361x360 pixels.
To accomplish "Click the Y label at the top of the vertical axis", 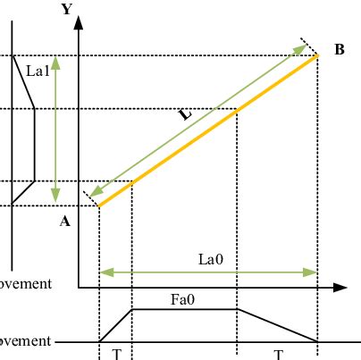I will tap(66, 10).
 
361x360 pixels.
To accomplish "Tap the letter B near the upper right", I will tap(340, 50).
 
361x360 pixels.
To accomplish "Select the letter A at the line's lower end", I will tap(64, 222).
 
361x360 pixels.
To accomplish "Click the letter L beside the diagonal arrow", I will tap(184, 115).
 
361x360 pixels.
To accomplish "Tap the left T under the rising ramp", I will tap(116, 354).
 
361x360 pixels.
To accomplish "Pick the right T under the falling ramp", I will tap(279, 354).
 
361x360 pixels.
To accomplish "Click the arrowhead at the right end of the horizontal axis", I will tap(340, 288).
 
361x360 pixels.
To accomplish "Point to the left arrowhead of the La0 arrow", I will tap(103, 272).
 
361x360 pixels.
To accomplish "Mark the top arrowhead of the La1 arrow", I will tap(55, 62).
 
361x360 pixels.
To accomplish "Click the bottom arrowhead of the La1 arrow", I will tap(55, 199).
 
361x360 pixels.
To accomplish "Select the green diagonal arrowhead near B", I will tap(302, 48).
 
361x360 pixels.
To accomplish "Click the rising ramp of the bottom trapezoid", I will tap(115, 325).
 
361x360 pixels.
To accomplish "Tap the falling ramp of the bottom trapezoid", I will tap(277, 325).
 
